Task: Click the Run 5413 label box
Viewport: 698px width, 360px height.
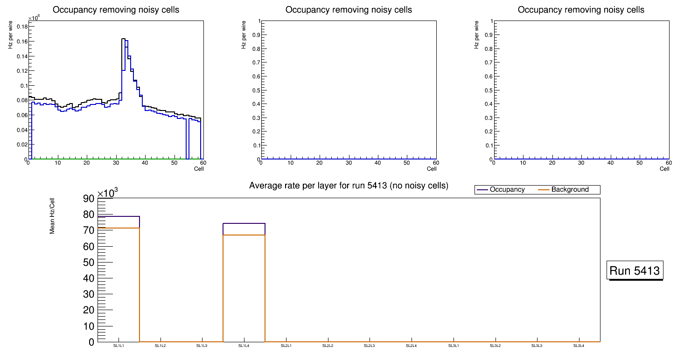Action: pyautogui.click(x=635, y=270)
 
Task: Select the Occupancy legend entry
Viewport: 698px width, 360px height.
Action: pyautogui.click(x=507, y=190)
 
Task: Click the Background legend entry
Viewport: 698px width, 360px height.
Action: pyautogui.click(x=570, y=190)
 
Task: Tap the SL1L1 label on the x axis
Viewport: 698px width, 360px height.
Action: pyautogui.click(x=119, y=346)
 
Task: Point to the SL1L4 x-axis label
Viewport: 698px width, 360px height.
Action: pyautogui.click(x=244, y=346)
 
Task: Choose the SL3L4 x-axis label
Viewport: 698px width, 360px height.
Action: pyautogui.click(x=579, y=346)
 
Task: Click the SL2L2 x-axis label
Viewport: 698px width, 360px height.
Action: pyautogui.click(x=328, y=346)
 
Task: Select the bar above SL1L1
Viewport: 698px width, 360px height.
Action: pyautogui.click(x=119, y=280)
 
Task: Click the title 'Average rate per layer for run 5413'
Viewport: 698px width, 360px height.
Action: pyautogui.click(x=349, y=186)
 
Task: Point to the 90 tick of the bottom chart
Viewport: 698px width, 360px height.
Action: pyautogui.click(x=89, y=199)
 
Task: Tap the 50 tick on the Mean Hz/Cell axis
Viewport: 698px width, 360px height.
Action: pyautogui.click(x=89, y=263)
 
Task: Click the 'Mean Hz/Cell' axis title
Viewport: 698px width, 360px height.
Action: pyautogui.click(x=53, y=217)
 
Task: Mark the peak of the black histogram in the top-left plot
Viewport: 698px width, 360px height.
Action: pyautogui.click(x=123, y=39)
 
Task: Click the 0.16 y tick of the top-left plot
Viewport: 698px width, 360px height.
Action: pyautogui.click(x=22, y=42)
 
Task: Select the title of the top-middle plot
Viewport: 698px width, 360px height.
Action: pyautogui.click(x=349, y=10)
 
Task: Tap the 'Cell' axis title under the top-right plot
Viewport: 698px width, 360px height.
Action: pyautogui.click(x=664, y=169)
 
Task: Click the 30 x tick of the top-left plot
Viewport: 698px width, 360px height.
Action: pyautogui.click(x=116, y=163)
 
